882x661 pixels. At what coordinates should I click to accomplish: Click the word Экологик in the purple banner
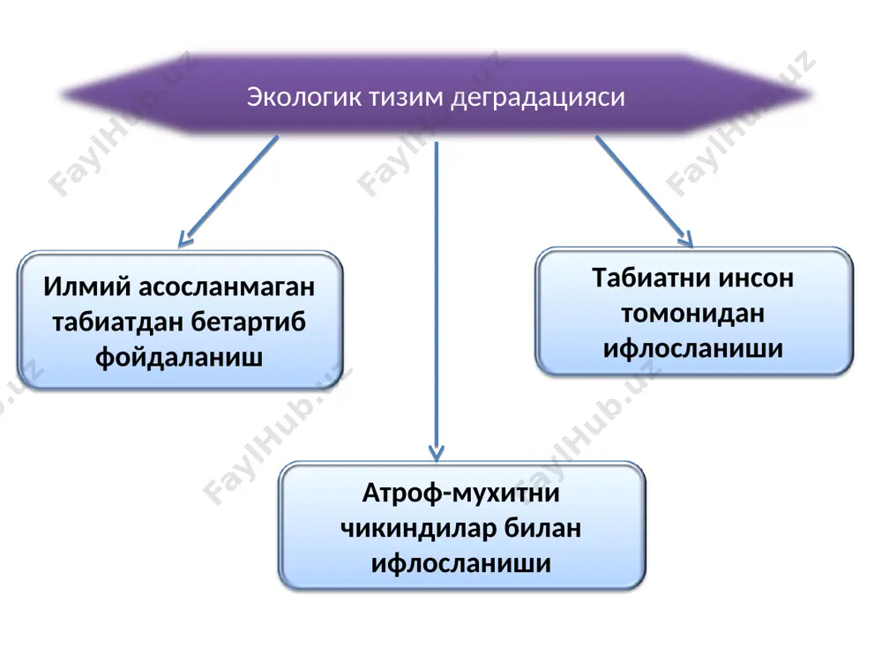pyautogui.click(x=305, y=97)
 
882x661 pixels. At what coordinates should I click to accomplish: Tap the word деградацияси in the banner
pyautogui.click(x=538, y=98)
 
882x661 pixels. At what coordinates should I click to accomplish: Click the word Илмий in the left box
pyautogui.click(x=87, y=286)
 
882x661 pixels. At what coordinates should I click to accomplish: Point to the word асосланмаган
pyautogui.click(x=227, y=286)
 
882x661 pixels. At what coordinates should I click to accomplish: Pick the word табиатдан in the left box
pyautogui.click(x=117, y=322)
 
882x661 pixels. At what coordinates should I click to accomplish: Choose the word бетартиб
pyautogui.click(x=249, y=322)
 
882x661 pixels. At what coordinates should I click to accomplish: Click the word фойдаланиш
pyautogui.click(x=179, y=358)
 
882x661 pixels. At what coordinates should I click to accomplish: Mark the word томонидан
pyautogui.click(x=693, y=314)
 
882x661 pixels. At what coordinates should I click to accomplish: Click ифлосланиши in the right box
pyautogui.click(x=693, y=348)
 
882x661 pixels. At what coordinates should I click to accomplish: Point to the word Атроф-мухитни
pyautogui.click(x=460, y=494)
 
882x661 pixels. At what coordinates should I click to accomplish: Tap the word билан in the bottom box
pyautogui.click(x=542, y=528)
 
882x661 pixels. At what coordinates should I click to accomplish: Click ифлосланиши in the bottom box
pyautogui.click(x=460, y=563)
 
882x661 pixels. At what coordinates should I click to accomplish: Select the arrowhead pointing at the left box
pyautogui.click(x=184, y=240)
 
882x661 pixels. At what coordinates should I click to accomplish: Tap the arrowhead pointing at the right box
pyautogui.click(x=686, y=239)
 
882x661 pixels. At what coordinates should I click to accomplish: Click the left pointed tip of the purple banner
pyautogui.click(x=61, y=94)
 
